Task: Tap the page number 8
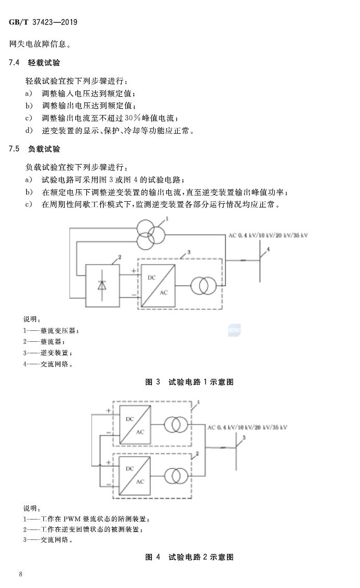[20, 575]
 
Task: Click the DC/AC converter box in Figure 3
[156, 285]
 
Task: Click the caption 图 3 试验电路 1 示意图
[189, 382]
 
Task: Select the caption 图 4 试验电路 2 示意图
[189, 557]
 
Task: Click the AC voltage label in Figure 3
[268, 236]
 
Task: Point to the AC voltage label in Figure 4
[247, 428]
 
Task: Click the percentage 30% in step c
[127, 118]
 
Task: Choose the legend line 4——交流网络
[48, 364]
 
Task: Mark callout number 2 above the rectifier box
[120, 257]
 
